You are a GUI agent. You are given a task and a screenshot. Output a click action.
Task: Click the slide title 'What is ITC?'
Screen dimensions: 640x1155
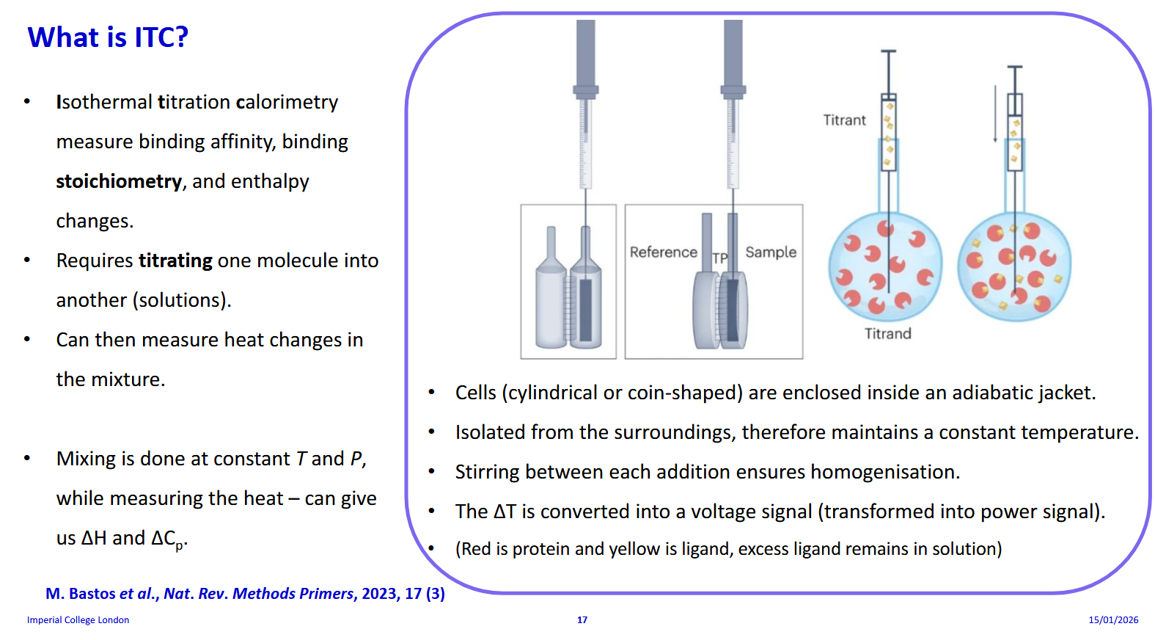coord(108,37)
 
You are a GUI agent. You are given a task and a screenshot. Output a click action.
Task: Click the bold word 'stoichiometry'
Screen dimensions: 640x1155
coord(119,181)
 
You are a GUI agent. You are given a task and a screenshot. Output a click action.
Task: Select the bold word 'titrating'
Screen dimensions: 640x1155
coord(175,261)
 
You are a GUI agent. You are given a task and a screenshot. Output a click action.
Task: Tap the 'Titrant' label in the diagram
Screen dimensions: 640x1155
coord(844,120)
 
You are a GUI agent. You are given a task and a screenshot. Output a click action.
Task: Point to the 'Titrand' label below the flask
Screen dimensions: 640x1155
coord(887,334)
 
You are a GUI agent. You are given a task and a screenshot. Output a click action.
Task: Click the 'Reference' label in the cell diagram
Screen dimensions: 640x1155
coord(663,252)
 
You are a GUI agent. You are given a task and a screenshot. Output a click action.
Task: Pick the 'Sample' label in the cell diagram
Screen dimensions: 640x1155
coord(770,252)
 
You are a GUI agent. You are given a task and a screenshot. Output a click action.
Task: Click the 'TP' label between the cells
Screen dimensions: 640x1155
coord(720,258)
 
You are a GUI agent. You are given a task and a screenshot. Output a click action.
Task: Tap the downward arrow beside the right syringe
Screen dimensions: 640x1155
coord(995,114)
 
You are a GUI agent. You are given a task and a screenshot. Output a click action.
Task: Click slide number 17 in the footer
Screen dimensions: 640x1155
coord(582,620)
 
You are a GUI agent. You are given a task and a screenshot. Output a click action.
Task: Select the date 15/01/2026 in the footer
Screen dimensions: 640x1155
coord(1112,620)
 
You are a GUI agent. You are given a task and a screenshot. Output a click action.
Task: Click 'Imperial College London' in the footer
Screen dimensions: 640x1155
coord(78,620)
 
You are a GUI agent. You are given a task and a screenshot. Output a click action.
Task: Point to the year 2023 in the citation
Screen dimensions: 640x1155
coord(379,594)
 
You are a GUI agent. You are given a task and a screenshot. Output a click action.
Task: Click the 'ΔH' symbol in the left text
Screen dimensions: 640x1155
coord(94,538)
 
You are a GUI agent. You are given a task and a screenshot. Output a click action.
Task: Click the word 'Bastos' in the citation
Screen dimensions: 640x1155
coord(92,594)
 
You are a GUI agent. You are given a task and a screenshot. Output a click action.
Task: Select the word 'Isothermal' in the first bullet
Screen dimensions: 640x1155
coord(104,102)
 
